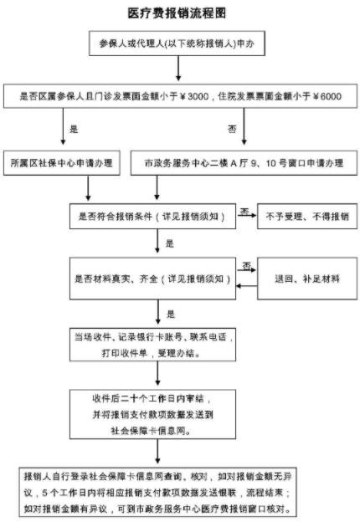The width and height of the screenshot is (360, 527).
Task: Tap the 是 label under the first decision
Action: [x=73, y=129]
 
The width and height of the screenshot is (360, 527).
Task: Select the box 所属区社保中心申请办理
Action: [x=63, y=161]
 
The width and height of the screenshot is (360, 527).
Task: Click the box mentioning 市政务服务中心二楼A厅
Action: [x=238, y=161]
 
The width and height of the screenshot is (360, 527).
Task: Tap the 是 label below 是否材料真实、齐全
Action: [x=170, y=314]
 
